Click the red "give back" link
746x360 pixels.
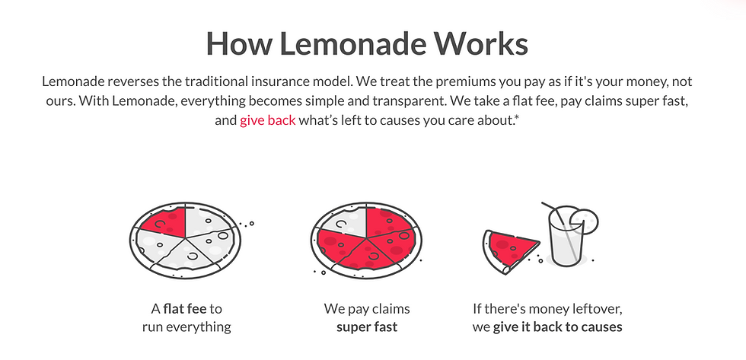[x=267, y=120]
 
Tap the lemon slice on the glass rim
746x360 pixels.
[x=585, y=221]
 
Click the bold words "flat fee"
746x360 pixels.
[x=184, y=309]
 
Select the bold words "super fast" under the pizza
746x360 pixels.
[x=367, y=328]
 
